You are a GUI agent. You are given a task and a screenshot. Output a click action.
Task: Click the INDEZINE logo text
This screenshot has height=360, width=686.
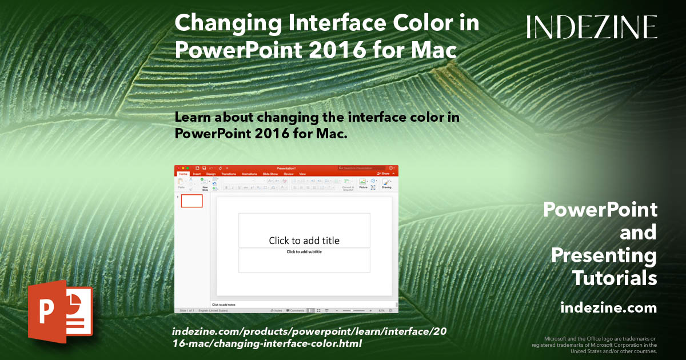click(592, 27)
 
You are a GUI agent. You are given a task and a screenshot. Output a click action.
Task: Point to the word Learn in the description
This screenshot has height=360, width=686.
click(197, 117)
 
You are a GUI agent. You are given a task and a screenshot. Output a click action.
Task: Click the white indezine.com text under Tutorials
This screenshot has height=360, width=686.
click(608, 308)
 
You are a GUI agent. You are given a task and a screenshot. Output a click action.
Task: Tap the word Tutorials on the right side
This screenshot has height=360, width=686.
click(614, 278)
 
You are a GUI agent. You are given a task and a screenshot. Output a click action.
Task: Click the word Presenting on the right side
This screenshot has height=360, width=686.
click(604, 255)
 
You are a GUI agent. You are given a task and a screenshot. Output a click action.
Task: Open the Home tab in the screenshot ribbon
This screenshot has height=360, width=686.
click(183, 174)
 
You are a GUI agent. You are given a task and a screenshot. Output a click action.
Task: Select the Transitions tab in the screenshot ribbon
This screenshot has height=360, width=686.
click(229, 174)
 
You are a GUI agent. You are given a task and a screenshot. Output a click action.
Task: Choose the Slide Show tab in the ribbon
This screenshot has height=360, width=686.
click(270, 174)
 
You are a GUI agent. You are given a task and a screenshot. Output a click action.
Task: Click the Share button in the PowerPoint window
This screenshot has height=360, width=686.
click(385, 174)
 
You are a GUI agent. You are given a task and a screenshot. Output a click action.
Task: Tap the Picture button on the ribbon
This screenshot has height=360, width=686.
click(363, 183)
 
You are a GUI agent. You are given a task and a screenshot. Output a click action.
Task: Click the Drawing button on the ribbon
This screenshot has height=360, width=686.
click(386, 183)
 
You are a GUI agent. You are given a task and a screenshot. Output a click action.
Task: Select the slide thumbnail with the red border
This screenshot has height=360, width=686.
click(192, 201)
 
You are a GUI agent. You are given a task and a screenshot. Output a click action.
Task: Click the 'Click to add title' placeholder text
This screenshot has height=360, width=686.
click(304, 241)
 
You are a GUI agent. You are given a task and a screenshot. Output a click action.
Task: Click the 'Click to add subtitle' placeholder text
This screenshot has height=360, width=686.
click(304, 252)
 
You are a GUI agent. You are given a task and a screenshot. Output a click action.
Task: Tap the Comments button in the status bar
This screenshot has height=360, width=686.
click(296, 310)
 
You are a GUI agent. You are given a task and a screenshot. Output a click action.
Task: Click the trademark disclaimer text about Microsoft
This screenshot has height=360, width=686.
click(595, 345)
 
